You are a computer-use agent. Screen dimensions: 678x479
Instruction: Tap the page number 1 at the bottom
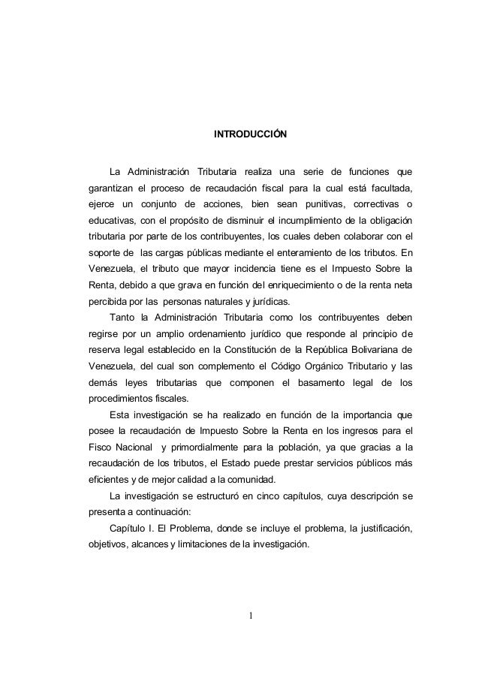tap(252, 618)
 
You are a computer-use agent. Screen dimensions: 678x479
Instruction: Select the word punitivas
tap(318, 203)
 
